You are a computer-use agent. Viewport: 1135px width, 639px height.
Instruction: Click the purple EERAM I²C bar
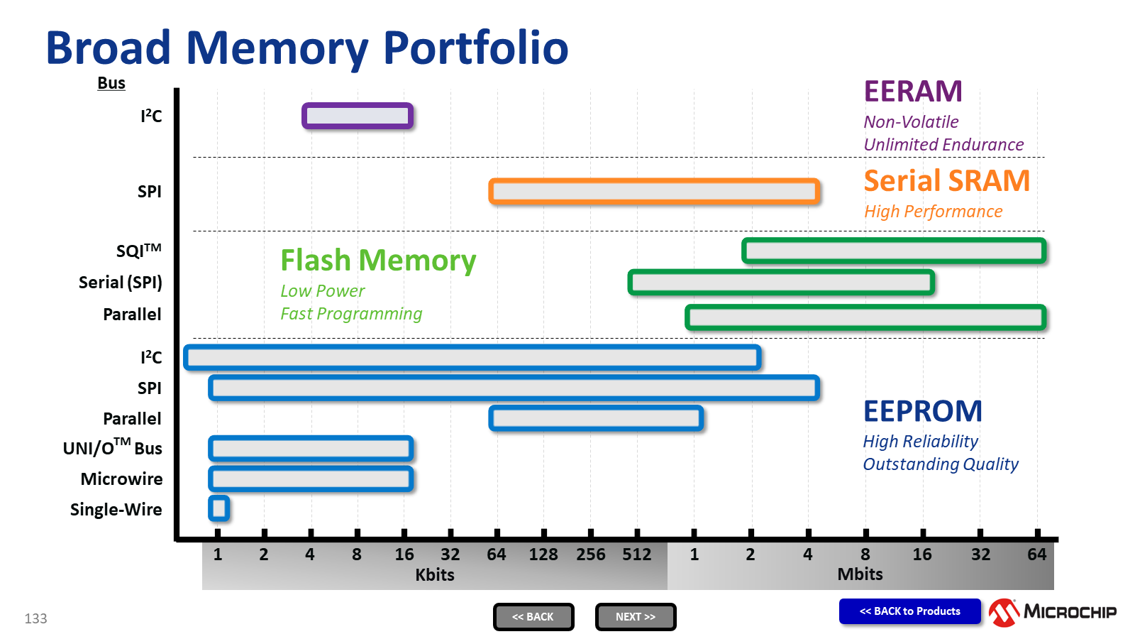point(358,116)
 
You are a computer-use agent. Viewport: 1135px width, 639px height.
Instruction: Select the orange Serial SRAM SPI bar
point(654,192)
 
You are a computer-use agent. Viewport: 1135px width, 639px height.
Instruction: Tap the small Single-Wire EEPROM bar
point(218,508)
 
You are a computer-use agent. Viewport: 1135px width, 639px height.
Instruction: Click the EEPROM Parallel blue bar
point(596,418)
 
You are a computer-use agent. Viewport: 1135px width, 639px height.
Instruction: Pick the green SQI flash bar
point(894,251)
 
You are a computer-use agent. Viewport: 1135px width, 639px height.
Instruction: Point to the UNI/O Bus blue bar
point(311,449)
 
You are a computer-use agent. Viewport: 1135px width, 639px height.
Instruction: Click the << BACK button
point(533,617)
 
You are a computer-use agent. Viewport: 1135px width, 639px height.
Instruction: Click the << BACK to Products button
point(909,611)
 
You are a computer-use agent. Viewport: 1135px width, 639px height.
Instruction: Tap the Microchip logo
point(1053,612)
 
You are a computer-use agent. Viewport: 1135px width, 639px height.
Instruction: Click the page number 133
point(35,618)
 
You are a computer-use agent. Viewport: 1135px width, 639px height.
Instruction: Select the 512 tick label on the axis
point(636,555)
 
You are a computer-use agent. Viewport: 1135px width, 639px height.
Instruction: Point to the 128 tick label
point(543,555)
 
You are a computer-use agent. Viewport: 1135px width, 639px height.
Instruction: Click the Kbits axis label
point(435,575)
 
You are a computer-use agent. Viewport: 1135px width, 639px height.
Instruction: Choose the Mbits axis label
point(860,574)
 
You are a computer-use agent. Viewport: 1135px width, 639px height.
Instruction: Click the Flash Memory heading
point(378,261)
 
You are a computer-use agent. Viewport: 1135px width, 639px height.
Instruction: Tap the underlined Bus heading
point(111,83)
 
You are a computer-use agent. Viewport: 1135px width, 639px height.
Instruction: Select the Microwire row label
point(121,479)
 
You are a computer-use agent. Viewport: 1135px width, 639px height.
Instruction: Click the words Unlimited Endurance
point(943,145)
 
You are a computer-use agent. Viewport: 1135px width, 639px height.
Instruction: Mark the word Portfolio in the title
point(475,48)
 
